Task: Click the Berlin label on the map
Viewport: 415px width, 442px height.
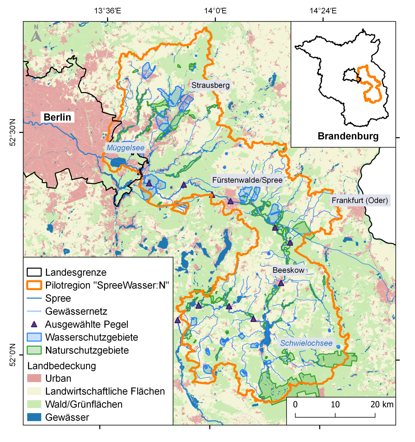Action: [x=57, y=117]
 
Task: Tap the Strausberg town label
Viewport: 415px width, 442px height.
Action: [x=211, y=85]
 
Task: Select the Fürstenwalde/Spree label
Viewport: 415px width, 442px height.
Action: [x=247, y=180]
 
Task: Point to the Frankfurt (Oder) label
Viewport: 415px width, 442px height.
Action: [x=360, y=200]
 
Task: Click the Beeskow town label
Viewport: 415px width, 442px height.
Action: [x=288, y=270]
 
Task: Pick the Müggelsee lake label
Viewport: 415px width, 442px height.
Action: [x=126, y=148]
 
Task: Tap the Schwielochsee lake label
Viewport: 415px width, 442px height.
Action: [x=306, y=343]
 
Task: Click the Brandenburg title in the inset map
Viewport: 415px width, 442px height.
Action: [x=348, y=136]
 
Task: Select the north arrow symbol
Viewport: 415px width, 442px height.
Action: [x=36, y=33]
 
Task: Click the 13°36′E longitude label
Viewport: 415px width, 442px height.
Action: [x=107, y=11]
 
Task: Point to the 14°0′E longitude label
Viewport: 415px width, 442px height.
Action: [x=215, y=11]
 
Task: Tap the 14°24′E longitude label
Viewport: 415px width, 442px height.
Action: [x=323, y=11]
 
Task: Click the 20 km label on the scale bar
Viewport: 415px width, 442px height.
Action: [x=382, y=404]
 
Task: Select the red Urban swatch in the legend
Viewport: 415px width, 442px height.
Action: [x=34, y=378]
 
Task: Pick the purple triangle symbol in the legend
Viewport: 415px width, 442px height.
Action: [x=34, y=324]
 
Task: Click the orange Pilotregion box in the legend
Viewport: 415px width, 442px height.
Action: [x=34, y=285]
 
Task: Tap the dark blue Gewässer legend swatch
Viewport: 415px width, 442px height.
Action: [x=34, y=417]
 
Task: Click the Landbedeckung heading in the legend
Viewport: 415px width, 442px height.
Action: [x=62, y=366]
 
